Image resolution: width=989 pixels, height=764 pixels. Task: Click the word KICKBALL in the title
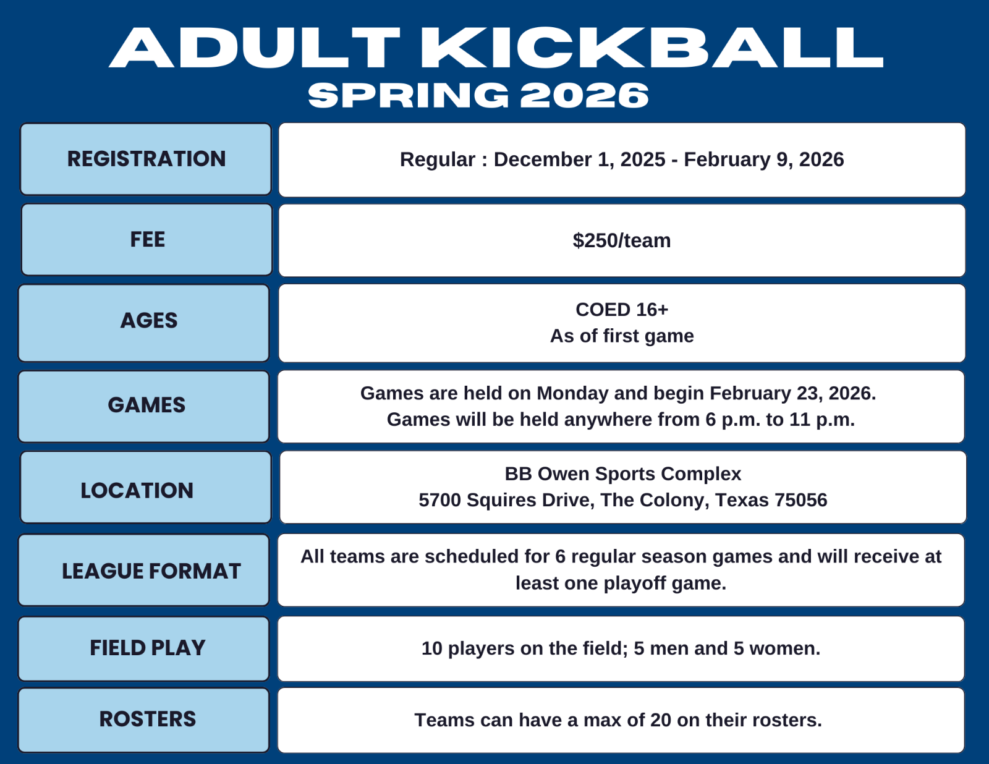[x=652, y=48]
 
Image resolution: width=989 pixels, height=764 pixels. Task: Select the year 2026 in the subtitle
[x=584, y=96]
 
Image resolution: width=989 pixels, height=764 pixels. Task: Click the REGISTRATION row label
[x=146, y=159]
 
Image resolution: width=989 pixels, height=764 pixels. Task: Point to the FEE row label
[x=148, y=239]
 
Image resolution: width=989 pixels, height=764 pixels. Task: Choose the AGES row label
[x=149, y=320]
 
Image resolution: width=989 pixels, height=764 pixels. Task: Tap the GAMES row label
[x=146, y=405]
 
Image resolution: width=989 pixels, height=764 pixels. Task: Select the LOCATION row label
[x=137, y=491]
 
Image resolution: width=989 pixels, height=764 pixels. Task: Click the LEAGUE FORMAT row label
[x=151, y=571]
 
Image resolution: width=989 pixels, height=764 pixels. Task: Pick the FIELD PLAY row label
[x=148, y=648]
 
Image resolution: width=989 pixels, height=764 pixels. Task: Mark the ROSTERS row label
[x=148, y=719]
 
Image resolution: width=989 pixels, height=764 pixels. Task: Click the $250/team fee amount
[x=622, y=240]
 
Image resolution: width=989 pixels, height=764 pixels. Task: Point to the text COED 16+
[x=622, y=310]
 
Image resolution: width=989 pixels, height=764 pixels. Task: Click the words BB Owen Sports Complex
[x=623, y=473]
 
